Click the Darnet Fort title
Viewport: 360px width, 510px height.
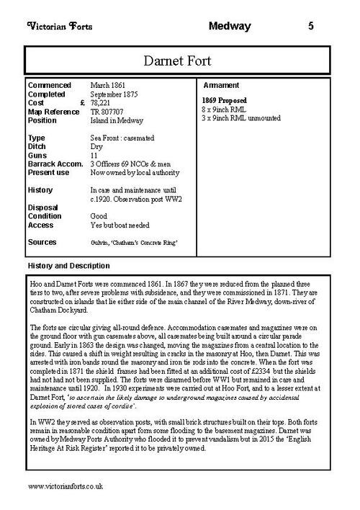pyautogui.click(x=179, y=57)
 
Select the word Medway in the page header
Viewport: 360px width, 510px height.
pyautogui.click(x=229, y=27)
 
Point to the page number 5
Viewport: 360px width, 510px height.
pyautogui.click(x=310, y=27)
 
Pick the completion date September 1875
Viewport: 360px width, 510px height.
pyautogui.click(x=116, y=94)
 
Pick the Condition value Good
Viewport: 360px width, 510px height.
pyautogui.click(x=99, y=216)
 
